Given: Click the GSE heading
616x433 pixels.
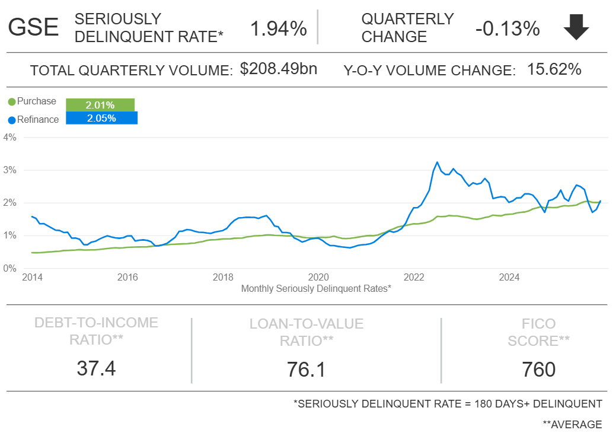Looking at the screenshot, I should click(33, 27).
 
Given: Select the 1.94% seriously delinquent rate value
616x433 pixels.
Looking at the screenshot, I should click(278, 28).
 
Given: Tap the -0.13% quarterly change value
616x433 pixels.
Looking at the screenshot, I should click(507, 28).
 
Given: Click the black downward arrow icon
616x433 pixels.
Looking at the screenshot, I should click(576, 27).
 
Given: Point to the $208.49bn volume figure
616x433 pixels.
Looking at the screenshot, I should click(279, 69).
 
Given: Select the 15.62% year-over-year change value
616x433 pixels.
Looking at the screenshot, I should click(554, 69).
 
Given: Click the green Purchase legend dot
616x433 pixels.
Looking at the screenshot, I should click(12, 102).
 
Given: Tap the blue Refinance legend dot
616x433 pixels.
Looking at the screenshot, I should click(12, 120).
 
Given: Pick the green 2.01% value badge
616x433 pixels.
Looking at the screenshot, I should click(100, 105).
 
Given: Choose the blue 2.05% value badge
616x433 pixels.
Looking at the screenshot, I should click(101, 118).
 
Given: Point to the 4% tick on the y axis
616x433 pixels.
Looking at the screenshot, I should click(10, 137).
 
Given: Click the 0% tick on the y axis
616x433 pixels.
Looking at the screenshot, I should click(10, 268).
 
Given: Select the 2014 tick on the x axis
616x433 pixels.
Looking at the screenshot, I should click(32, 277).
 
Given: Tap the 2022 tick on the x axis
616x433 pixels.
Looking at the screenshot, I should click(414, 277).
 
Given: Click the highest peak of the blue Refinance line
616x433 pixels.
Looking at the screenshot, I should click(437, 162).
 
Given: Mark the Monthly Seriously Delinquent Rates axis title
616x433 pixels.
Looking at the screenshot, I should click(316, 288).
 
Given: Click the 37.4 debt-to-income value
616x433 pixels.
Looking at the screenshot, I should click(96, 368).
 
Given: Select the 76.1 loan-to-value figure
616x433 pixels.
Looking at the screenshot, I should click(307, 369).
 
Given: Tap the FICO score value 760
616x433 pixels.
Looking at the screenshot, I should click(538, 369).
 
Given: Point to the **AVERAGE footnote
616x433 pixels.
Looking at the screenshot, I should click(572, 424).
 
